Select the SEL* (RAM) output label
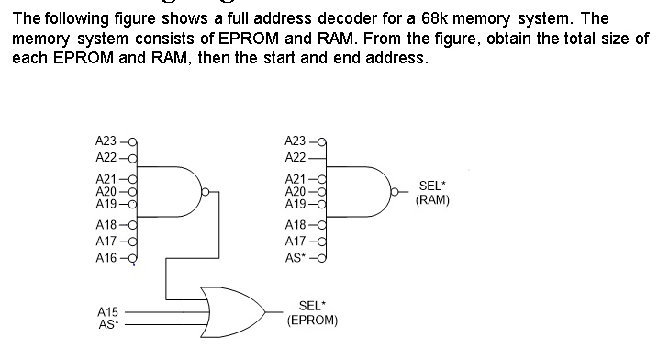point(432,192)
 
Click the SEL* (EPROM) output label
point(312,314)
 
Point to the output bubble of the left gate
point(206,192)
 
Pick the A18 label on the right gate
point(296,224)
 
